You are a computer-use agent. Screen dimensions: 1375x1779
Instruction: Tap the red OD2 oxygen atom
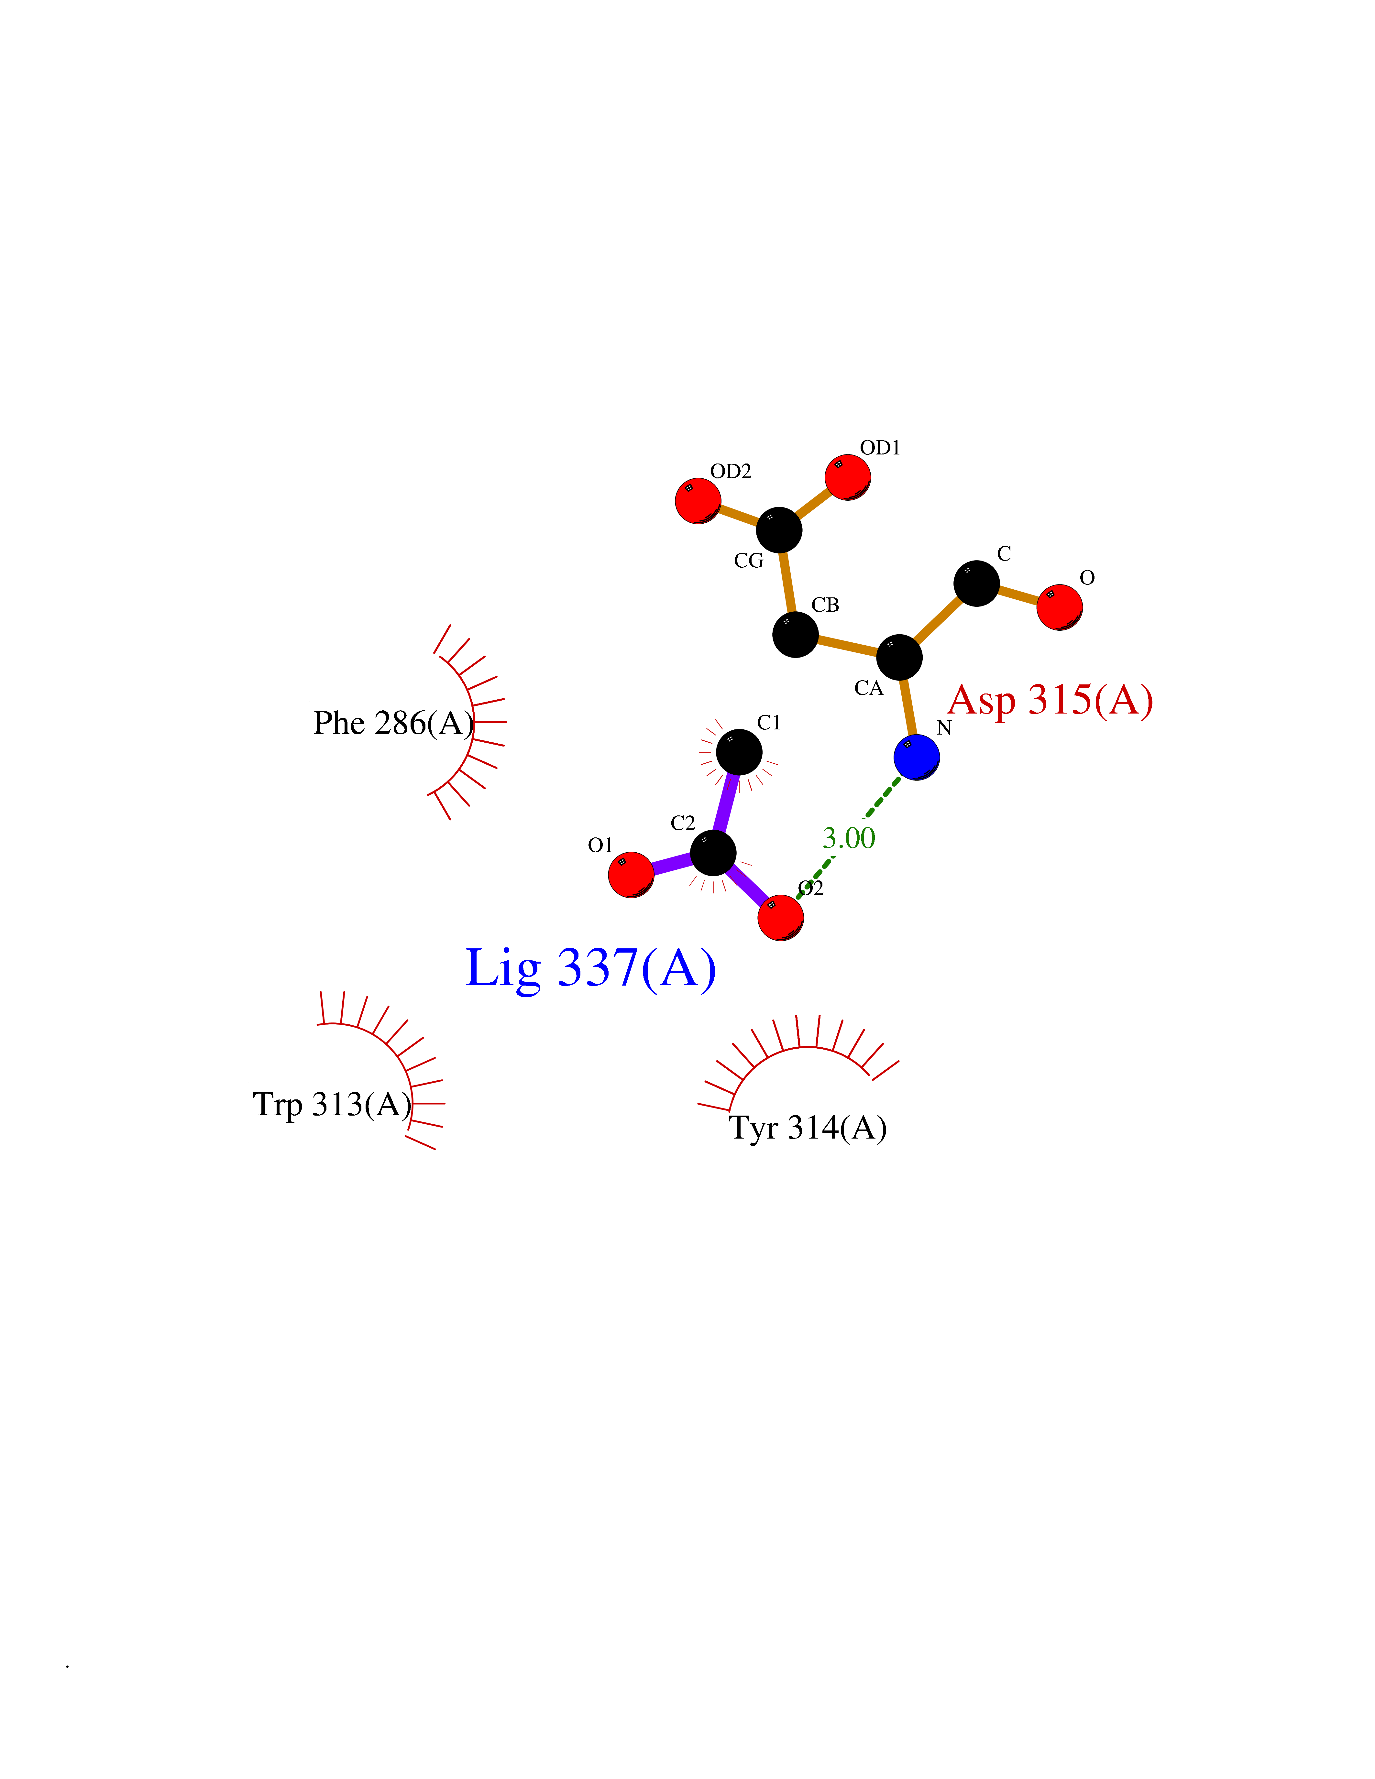[698, 501]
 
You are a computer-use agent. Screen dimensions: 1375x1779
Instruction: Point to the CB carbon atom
[795, 635]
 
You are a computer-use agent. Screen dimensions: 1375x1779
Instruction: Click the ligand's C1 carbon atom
[739, 752]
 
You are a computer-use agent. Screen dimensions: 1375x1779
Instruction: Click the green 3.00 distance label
[849, 838]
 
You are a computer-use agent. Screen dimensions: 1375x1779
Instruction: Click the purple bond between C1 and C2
[726, 802]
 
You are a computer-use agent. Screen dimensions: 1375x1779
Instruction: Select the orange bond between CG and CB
[787, 583]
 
